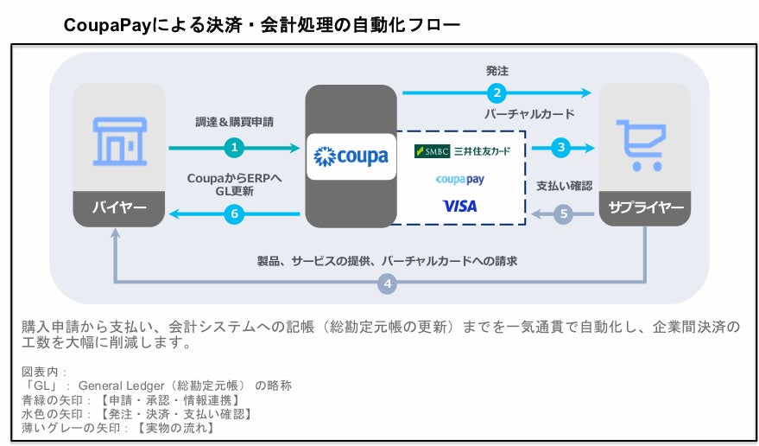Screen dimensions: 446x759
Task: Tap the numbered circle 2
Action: click(x=496, y=92)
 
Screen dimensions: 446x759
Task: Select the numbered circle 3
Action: click(x=561, y=148)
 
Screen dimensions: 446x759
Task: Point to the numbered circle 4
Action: click(x=389, y=283)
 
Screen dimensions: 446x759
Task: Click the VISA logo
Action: click(x=459, y=206)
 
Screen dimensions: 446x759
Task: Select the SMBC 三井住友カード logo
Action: click(x=462, y=151)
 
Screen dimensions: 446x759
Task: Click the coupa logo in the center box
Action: click(x=351, y=156)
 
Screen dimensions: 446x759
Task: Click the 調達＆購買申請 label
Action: click(x=234, y=123)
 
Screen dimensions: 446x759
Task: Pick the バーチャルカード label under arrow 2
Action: click(x=528, y=113)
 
